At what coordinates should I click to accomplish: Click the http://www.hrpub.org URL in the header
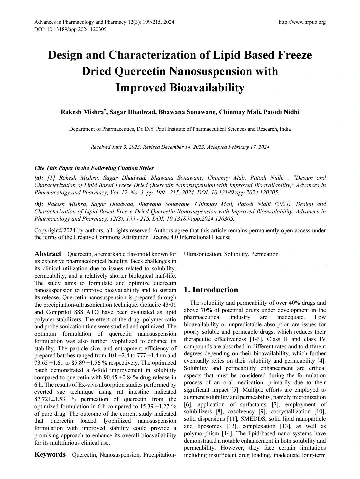click(302, 22)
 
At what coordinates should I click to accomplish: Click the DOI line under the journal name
click(70, 29)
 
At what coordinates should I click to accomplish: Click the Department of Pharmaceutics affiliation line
click(180, 129)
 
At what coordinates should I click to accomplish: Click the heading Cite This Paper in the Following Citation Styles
click(94, 168)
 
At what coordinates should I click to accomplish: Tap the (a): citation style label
click(39, 178)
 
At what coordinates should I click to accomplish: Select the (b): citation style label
click(39, 204)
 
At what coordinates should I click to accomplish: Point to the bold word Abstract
click(48, 254)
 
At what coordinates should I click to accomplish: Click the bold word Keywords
click(50, 455)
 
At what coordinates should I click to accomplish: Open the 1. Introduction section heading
click(211, 290)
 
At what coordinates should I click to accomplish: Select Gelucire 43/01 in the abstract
click(156, 305)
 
